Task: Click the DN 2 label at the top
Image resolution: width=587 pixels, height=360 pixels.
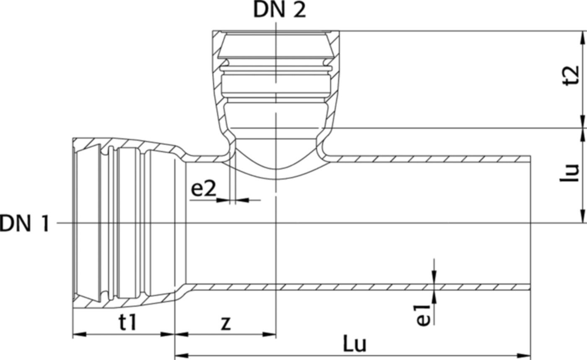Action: [280, 10]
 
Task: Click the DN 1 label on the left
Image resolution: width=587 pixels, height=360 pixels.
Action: [24, 224]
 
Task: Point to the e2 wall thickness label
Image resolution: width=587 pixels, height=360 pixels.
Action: [203, 190]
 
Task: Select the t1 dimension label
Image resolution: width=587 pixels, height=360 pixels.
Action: [127, 323]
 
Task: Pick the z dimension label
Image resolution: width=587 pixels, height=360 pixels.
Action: [226, 323]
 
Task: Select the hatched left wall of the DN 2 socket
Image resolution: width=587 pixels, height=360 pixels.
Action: [217, 76]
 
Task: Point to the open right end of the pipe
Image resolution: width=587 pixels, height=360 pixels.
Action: [530, 223]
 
